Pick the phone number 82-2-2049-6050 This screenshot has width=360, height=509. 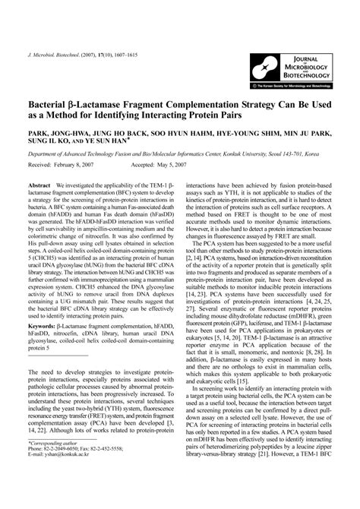coord(68,489)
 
